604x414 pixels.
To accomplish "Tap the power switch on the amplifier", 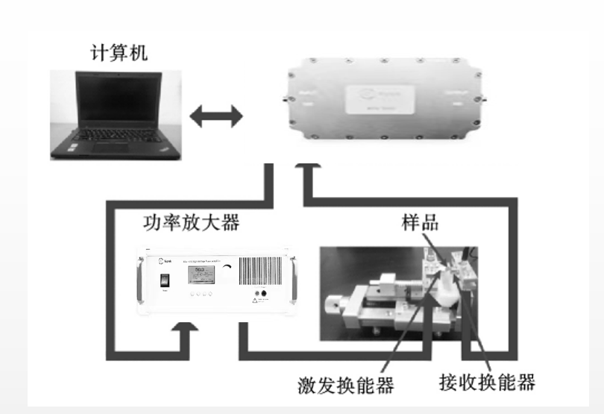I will click(163, 283).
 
